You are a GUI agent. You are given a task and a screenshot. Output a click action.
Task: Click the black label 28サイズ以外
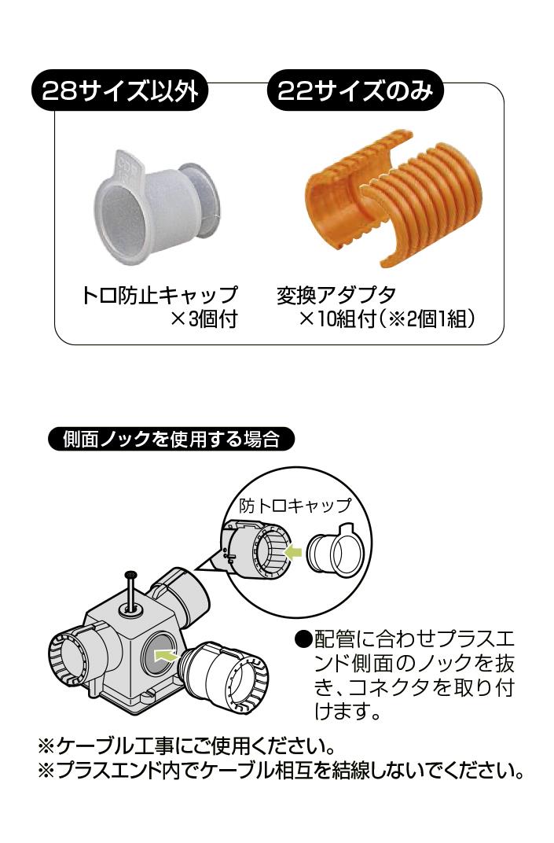[x=119, y=90]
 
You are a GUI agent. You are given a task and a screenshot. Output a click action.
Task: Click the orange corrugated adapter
[x=393, y=198]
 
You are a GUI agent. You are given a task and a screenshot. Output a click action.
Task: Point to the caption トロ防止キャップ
[x=159, y=295]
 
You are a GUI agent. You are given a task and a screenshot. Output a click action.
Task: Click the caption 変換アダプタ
[x=336, y=295]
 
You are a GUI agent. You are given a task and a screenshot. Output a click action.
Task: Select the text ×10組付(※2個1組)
[x=387, y=319]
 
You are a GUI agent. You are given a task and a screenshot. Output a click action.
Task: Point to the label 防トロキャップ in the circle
[x=295, y=506]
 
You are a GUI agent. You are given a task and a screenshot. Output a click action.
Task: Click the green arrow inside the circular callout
[x=293, y=551]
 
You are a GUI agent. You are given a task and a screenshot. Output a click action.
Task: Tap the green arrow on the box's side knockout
[x=166, y=653]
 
